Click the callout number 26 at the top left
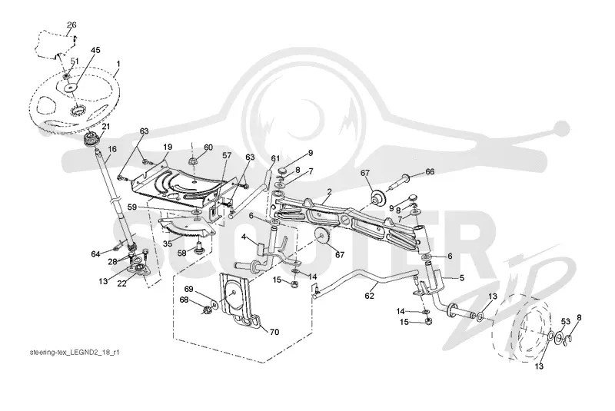pyautogui.click(x=71, y=25)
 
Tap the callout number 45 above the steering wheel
pyautogui.click(x=95, y=50)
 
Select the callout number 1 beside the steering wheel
pyautogui.click(x=118, y=64)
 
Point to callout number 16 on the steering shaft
pyautogui.click(x=112, y=149)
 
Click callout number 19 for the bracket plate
pyautogui.click(x=168, y=147)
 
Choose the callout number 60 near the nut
pyautogui.click(x=208, y=147)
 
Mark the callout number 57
pyautogui.click(x=227, y=156)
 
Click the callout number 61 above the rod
pyautogui.click(x=275, y=159)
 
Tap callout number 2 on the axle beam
pyautogui.click(x=330, y=192)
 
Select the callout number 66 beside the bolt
pyautogui.click(x=430, y=171)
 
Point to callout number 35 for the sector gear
pyautogui.click(x=167, y=244)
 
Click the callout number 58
pyautogui.click(x=181, y=253)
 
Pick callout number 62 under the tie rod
pyautogui.click(x=370, y=296)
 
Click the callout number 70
pyautogui.click(x=274, y=332)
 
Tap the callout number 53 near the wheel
pyautogui.click(x=565, y=322)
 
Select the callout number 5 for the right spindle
pyautogui.click(x=462, y=278)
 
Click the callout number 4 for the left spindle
pyautogui.click(x=244, y=237)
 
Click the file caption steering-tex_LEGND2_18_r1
pyautogui.click(x=75, y=353)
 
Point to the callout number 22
pyautogui.click(x=122, y=283)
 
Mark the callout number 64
pyautogui.click(x=95, y=254)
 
